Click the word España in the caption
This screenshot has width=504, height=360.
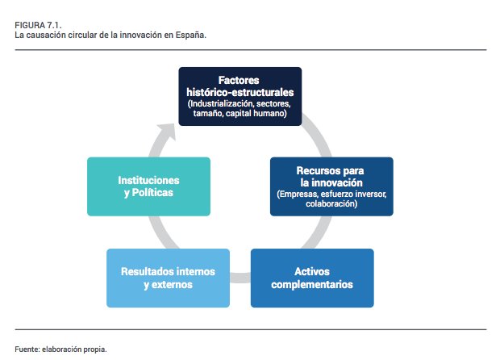[x=190, y=36]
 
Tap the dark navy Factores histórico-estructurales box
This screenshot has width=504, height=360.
[x=240, y=97]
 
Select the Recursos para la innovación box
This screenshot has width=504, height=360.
[x=331, y=186]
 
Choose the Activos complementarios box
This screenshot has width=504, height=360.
[x=312, y=278]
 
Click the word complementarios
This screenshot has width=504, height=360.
[x=312, y=285]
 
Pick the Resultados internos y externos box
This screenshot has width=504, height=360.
[x=168, y=278]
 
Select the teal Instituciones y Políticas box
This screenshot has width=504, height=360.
[x=148, y=186]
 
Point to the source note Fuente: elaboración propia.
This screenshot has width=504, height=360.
[x=60, y=349]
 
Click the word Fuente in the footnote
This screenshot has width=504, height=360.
[x=27, y=349]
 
